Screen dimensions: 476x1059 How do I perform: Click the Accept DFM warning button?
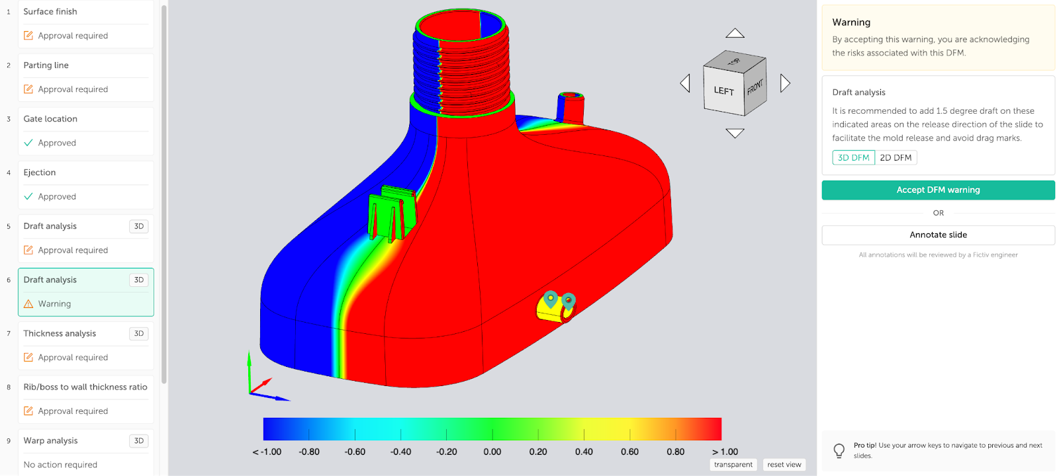click(x=938, y=190)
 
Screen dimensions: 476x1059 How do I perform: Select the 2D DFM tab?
click(x=896, y=157)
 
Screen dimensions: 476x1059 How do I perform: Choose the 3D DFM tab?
click(x=853, y=157)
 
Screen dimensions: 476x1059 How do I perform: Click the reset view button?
click(x=784, y=465)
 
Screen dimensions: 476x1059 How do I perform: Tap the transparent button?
click(x=733, y=465)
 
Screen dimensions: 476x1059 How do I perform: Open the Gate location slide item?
click(x=50, y=119)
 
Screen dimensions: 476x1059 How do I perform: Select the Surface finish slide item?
click(x=50, y=12)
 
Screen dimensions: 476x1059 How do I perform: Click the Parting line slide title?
click(x=46, y=65)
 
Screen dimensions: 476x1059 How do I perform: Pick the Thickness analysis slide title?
click(x=60, y=333)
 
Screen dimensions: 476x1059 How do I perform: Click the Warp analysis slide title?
click(x=50, y=441)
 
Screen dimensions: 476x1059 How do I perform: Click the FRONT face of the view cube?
click(x=755, y=87)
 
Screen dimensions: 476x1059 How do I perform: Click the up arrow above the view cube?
click(x=735, y=33)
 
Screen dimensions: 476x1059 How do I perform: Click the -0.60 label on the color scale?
click(x=355, y=452)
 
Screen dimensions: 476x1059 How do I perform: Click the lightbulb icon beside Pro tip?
click(x=839, y=450)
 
